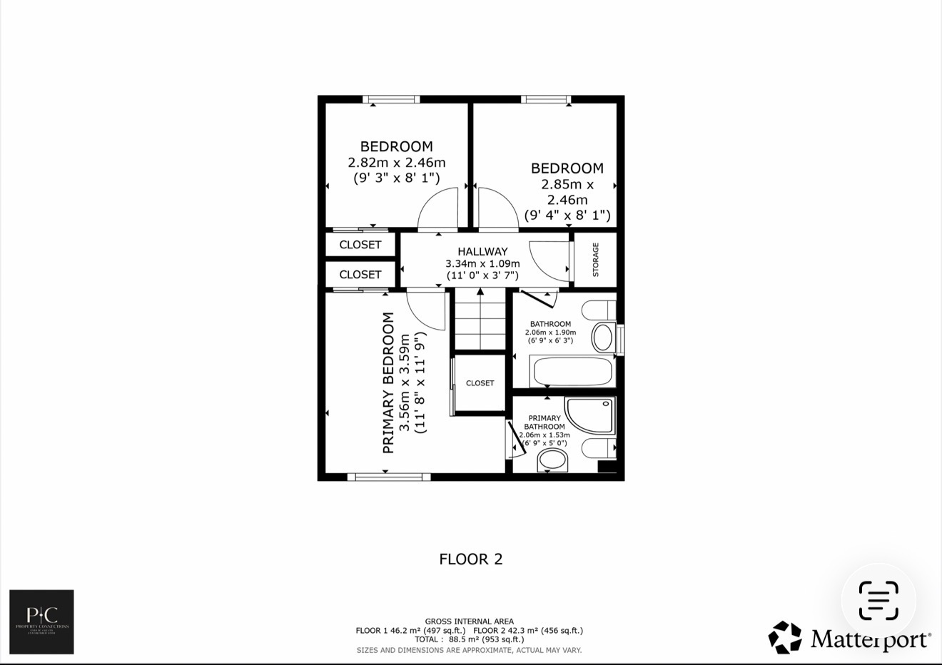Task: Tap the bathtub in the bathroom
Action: coord(572,372)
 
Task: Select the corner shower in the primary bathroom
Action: coord(592,415)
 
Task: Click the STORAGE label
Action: coord(595,260)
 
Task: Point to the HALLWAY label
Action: coord(482,252)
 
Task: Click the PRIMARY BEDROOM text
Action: coord(388,382)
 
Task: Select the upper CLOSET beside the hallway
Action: coord(360,245)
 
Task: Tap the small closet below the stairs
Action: coord(480,383)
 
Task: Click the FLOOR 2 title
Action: coord(470,559)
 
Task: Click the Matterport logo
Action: coord(849,637)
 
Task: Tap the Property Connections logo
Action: coord(41,621)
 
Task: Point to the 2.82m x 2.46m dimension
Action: coord(396,163)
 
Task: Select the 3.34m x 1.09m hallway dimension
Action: coord(482,264)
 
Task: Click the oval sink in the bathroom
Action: coord(603,337)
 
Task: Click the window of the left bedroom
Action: coord(391,99)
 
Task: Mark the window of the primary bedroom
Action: coord(388,477)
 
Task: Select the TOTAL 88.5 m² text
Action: coord(469,640)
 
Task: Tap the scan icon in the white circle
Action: coord(878,601)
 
